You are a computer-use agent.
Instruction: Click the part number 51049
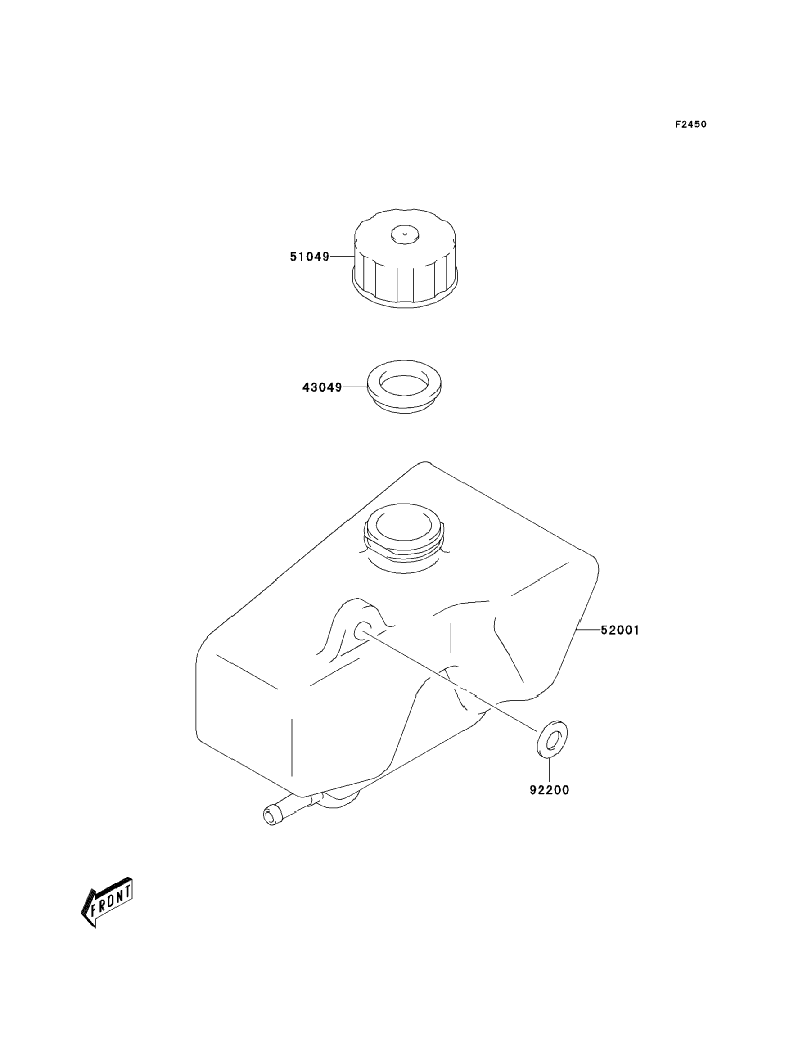[309, 257]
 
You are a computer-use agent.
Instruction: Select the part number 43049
[322, 387]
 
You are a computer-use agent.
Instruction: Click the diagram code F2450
[690, 125]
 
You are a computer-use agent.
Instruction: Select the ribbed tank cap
[405, 263]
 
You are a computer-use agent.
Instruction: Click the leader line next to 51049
[342, 257]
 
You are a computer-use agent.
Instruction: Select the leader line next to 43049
[355, 387]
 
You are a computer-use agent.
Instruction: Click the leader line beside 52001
[590, 630]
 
